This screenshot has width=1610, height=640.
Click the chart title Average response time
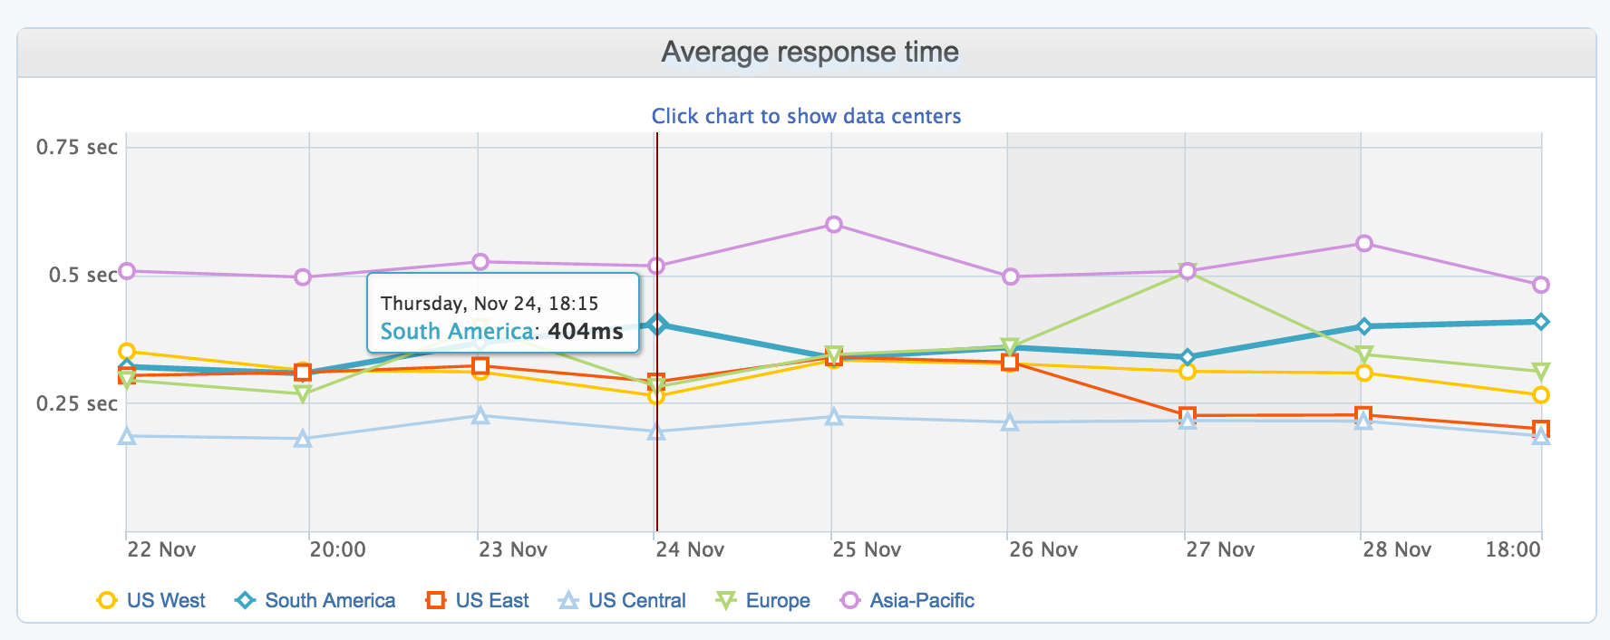pos(810,52)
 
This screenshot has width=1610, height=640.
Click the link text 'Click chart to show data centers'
pos(806,116)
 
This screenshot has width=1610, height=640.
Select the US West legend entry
pos(151,600)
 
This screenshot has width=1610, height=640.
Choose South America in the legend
pos(316,600)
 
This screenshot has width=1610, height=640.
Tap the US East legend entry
pos(478,600)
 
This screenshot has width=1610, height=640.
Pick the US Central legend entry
pos(623,600)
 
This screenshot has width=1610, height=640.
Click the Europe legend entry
pos(763,600)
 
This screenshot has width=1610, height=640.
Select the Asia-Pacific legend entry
pos(908,600)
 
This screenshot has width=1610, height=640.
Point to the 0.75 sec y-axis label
pos(77,147)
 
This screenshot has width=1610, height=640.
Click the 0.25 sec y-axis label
pos(77,403)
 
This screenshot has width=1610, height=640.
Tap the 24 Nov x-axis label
pos(690,549)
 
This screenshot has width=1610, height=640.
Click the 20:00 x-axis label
pos(337,549)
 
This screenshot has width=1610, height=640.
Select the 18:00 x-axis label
pos(1513,549)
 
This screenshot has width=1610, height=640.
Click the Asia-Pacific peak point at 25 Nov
pos(834,225)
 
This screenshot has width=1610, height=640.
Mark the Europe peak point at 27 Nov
pos(1188,272)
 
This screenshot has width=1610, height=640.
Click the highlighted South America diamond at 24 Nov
pos(657,324)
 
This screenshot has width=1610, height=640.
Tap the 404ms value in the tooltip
pos(586,331)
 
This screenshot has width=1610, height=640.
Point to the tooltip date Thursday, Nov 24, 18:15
pos(490,304)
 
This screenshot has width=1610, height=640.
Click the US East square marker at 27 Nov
pos(1188,416)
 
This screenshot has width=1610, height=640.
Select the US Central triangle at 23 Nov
pos(481,416)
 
